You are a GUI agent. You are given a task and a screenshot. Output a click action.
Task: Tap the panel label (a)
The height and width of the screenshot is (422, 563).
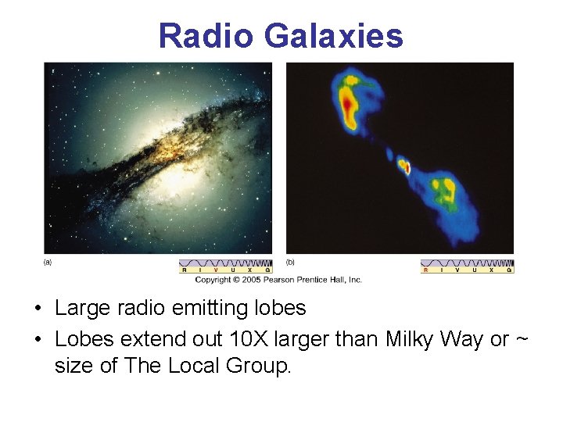coord(48,263)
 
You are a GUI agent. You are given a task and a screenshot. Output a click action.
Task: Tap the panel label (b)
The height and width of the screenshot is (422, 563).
coord(290,263)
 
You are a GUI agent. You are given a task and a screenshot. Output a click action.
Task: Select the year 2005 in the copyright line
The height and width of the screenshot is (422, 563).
coord(248,279)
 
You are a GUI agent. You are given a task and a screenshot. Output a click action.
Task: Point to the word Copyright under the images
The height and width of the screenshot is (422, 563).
coord(213,279)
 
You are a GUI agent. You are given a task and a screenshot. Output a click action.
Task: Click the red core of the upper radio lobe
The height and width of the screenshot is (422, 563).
coord(347,102)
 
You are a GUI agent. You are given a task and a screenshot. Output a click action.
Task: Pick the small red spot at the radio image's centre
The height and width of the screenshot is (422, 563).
coord(404,166)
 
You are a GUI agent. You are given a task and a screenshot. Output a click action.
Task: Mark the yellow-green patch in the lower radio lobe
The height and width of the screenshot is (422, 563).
coord(446,190)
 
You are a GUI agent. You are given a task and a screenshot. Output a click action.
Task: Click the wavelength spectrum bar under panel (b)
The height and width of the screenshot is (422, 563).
coord(467,266)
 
